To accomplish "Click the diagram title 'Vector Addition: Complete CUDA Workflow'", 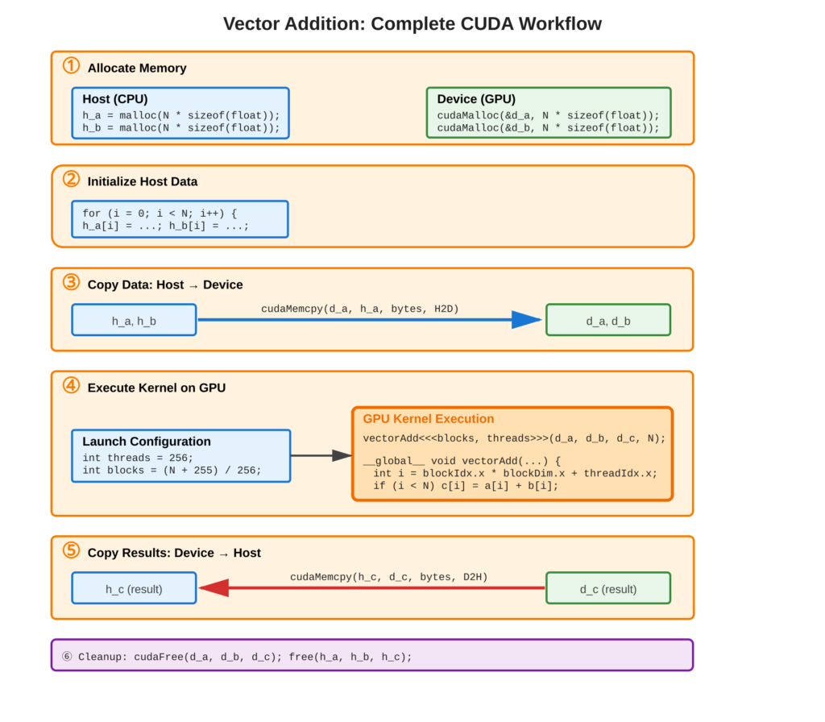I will click(412, 23).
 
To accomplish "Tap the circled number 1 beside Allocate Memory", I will click(71, 66).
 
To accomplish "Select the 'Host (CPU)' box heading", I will click(114, 99).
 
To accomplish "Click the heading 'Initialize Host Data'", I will click(143, 181).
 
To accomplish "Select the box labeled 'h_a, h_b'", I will click(134, 321).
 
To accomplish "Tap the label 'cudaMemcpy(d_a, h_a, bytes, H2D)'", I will click(359, 309).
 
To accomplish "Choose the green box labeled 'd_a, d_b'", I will click(608, 321).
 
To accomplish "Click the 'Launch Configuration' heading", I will click(147, 442).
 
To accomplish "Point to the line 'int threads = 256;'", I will click(138, 458).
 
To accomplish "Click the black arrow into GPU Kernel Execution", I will click(342, 455).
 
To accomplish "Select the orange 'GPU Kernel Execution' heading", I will click(429, 419).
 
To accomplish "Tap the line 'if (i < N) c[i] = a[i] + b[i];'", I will click(466, 486).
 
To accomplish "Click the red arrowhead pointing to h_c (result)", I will click(214, 588).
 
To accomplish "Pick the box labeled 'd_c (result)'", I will click(608, 589).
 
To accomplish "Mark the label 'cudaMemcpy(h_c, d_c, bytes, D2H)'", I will click(388, 577).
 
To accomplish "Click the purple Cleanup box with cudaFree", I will click(372, 656).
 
